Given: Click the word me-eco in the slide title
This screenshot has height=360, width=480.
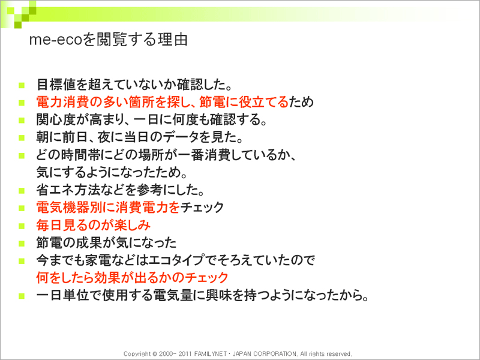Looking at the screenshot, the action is coord(56,40).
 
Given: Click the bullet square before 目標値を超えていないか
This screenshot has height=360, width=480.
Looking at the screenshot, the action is coord(22,85).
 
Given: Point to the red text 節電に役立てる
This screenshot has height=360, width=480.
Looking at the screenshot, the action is coord(244,102).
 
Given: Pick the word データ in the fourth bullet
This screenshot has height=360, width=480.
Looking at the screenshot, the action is coord(181,137).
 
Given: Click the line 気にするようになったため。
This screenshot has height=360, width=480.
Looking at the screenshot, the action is coord(112,172).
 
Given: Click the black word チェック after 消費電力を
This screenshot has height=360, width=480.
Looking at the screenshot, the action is coord(202,208).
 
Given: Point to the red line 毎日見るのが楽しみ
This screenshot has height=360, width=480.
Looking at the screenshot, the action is coord(94,226).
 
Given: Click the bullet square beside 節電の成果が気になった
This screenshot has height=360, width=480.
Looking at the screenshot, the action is coord(22,244).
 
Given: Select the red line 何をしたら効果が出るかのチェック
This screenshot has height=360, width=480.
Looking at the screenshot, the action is coord(132,278).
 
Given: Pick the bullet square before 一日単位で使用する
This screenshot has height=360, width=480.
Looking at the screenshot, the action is coord(22,296).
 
